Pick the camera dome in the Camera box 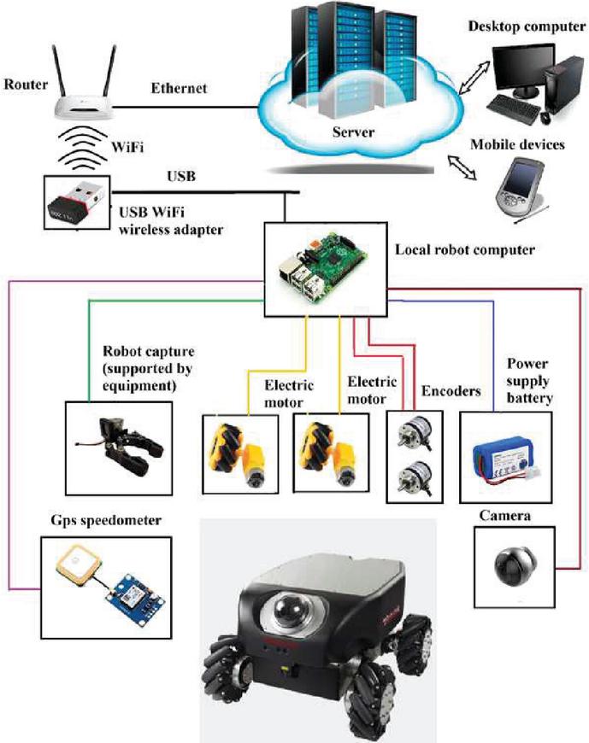pos(513,565)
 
